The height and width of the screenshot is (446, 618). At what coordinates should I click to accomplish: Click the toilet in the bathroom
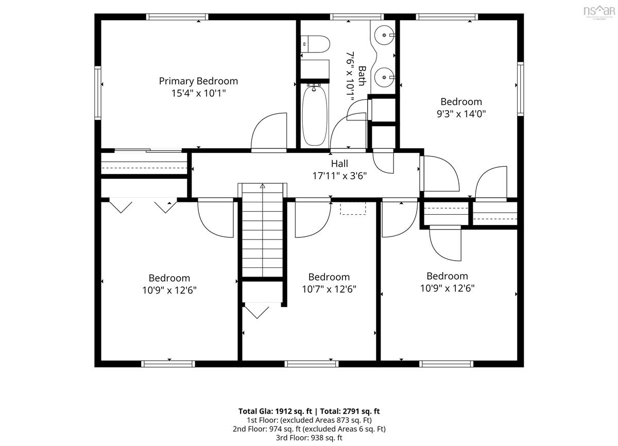(x=315, y=44)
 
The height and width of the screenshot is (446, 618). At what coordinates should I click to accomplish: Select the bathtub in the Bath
(x=315, y=116)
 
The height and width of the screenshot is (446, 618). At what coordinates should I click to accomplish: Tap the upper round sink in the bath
(x=384, y=35)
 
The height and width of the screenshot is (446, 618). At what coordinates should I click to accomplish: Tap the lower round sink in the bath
(x=384, y=77)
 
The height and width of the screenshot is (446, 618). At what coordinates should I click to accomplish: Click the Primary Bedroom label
(x=198, y=81)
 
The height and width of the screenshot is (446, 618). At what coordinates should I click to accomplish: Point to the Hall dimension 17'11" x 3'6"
(x=339, y=176)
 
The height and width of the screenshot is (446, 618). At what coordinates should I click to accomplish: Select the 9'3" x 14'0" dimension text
(x=461, y=114)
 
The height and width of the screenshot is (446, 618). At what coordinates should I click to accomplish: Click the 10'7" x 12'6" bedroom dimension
(x=329, y=289)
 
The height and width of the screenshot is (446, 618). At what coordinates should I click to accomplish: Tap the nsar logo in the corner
(x=599, y=12)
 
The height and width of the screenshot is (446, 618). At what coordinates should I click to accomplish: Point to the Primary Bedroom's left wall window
(x=98, y=93)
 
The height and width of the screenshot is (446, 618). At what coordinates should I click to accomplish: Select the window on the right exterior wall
(x=520, y=89)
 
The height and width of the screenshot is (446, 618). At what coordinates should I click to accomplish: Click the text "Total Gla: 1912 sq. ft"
(x=275, y=411)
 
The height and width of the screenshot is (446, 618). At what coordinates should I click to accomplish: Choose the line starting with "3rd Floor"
(x=309, y=438)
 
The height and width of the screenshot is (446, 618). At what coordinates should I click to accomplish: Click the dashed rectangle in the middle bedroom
(x=353, y=209)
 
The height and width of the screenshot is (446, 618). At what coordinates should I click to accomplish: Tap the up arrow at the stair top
(x=262, y=186)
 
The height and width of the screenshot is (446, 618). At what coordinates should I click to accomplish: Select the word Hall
(x=339, y=164)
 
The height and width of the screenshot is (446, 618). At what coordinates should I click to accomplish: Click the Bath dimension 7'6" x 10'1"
(x=350, y=77)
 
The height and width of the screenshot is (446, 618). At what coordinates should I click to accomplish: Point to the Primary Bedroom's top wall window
(x=177, y=17)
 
